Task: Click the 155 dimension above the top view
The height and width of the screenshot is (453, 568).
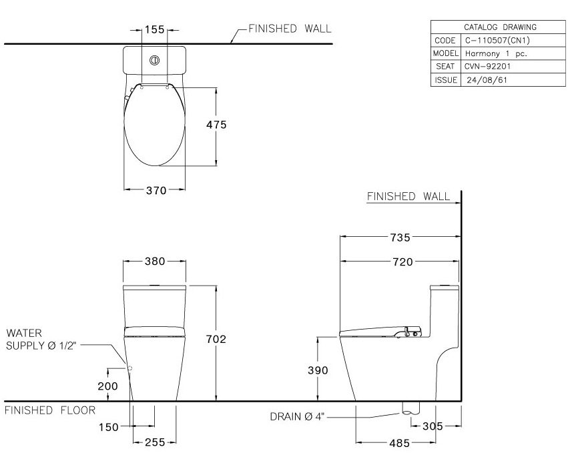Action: pos(154,29)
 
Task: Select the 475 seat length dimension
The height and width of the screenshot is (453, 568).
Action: pos(216,125)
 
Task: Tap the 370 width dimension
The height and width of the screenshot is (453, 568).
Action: pos(156,190)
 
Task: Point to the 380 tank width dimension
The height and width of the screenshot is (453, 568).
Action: pos(156,261)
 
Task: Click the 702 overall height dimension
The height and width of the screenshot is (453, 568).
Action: pos(216,339)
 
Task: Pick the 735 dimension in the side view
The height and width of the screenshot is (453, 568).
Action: pos(400,237)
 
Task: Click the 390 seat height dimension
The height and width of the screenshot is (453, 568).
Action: pos(318,370)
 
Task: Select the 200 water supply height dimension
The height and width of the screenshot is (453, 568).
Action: pos(107,386)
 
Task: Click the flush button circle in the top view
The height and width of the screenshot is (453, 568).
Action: pos(155,61)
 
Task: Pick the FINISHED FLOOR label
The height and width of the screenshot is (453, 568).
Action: pos(50,410)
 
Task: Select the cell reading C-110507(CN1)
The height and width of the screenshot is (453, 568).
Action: pos(492,40)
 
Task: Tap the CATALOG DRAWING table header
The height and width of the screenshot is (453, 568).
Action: pos(500,27)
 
